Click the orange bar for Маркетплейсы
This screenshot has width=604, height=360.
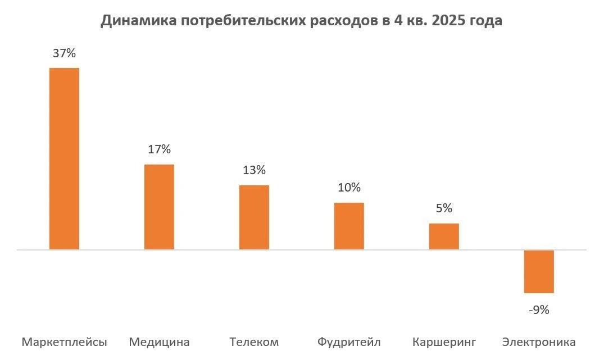coord(65,158)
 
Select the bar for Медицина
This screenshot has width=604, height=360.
coord(159,207)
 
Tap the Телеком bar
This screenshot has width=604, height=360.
coord(254,217)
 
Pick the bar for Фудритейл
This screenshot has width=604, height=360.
coord(349,226)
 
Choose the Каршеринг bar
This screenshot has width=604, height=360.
coord(444,236)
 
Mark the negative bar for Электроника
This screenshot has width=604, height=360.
coord(539,271)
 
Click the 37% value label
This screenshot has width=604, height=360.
coord(64,54)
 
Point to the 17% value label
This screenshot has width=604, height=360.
coord(159,150)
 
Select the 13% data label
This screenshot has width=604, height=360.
coord(254,170)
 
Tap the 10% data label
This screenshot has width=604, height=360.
coord(349,188)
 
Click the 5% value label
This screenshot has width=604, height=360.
coord(444,208)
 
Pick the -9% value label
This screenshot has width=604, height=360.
coord(539,309)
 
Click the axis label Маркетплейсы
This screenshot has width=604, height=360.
coord(64,342)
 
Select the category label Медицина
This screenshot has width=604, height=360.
coord(159,342)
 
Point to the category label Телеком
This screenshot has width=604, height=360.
coord(254,342)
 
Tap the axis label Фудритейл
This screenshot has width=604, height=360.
coord(349,342)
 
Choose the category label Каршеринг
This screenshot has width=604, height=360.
coord(444,342)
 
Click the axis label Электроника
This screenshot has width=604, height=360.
coord(539,342)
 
